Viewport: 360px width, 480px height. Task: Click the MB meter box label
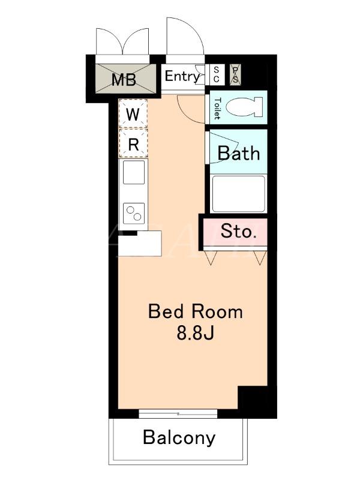[x=124, y=80]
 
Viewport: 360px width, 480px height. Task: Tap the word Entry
[x=182, y=76]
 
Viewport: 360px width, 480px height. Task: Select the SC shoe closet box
[x=216, y=74]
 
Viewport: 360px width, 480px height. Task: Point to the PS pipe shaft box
[x=235, y=74]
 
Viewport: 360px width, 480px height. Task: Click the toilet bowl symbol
[x=244, y=107]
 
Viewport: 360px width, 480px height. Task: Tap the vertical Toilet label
[x=217, y=109]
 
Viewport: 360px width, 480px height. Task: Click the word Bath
[x=239, y=153]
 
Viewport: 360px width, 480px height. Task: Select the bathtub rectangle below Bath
[x=238, y=194]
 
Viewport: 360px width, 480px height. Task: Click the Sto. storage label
[x=238, y=231]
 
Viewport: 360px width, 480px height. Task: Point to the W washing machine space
[x=133, y=113]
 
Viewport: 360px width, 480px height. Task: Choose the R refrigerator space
[x=133, y=143]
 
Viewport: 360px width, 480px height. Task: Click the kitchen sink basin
[x=134, y=172]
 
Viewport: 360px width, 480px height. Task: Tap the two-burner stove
[x=134, y=214]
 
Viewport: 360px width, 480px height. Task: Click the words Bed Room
[x=196, y=311]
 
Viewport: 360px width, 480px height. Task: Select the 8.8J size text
[x=195, y=333]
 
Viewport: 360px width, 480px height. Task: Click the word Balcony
[x=179, y=438]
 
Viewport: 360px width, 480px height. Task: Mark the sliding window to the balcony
[x=178, y=414]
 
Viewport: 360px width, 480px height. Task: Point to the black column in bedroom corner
[x=253, y=397]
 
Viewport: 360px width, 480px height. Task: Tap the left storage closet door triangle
[x=211, y=257]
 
